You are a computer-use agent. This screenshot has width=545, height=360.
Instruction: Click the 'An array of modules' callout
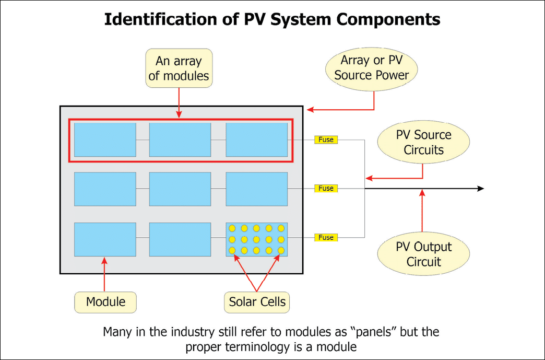pos(179,68)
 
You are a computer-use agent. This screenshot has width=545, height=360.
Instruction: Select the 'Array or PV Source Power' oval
pos(372,68)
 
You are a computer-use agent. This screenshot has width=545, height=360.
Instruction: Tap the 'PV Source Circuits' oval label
pos(423,142)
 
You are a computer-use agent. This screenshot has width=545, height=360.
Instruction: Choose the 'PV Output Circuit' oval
pos(423,254)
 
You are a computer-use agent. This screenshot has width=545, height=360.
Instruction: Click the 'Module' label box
pos(105,301)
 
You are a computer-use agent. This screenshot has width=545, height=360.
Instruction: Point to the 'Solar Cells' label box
pos(257,301)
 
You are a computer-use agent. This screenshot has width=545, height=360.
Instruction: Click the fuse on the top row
pos(326,140)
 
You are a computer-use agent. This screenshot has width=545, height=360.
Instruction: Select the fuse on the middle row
pos(326,188)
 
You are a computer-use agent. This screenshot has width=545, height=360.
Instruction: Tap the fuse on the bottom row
pos(326,237)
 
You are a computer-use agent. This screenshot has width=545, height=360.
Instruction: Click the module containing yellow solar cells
pos(256,239)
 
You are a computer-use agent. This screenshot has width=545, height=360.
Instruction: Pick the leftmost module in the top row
pos(105,140)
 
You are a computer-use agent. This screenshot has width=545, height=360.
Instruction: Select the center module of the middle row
pos(180,189)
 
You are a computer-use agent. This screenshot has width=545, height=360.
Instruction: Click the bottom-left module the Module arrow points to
pos(105,239)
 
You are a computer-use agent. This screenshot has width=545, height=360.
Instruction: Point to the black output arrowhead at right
pos(480,189)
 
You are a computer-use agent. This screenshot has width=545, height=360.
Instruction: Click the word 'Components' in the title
pos(384,20)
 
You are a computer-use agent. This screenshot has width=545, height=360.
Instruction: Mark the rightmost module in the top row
pos(256,140)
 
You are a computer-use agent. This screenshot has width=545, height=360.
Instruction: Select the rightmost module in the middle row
pos(256,189)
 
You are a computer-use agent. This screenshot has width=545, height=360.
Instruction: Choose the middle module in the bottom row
pos(180,239)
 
